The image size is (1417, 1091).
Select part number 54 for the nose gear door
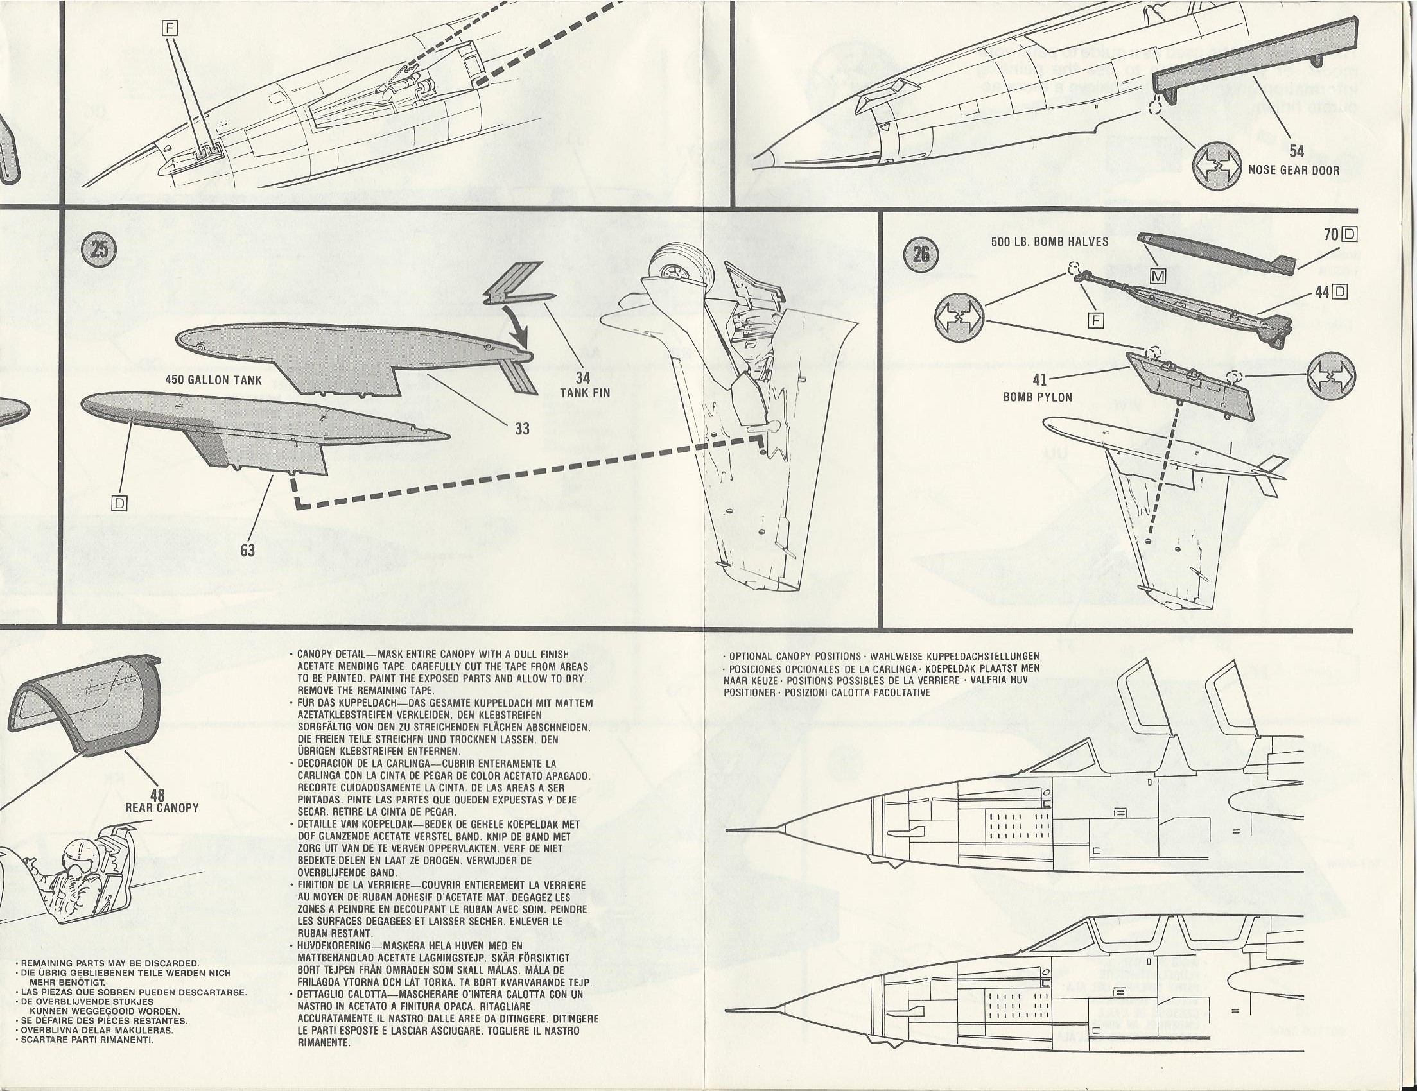click(x=1296, y=152)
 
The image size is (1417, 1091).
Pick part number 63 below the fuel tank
click(x=247, y=550)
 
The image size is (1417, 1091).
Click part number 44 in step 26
click(x=1322, y=292)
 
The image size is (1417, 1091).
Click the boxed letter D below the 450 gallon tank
click(x=121, y=503)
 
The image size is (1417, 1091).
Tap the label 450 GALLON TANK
click(x=214, y=381)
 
